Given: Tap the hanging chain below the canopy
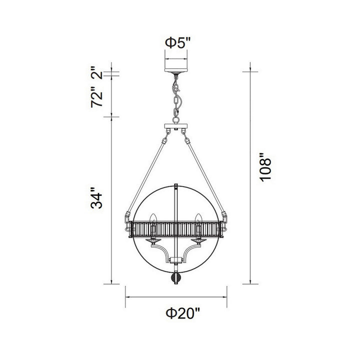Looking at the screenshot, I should pos(175,98).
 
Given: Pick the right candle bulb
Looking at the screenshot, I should pos(198,219).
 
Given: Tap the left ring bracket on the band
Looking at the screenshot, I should pos(126,218).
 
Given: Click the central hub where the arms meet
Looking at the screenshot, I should pos(175,259).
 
